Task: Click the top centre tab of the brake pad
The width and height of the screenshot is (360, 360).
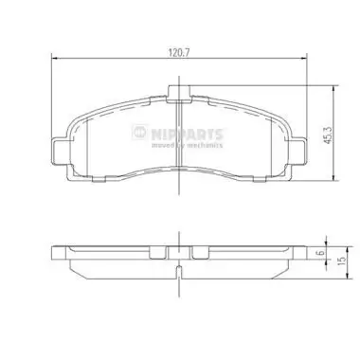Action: [177, 92]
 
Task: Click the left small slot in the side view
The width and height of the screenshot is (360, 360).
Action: [158, 253]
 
